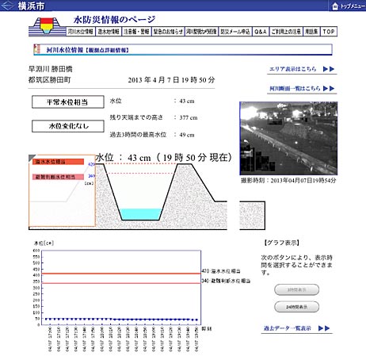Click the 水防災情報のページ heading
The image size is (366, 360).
click(x=116, y=18)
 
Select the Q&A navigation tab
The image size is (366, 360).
click(x=260, y=33)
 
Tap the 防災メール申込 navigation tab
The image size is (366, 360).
click(x=236, y=33)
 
